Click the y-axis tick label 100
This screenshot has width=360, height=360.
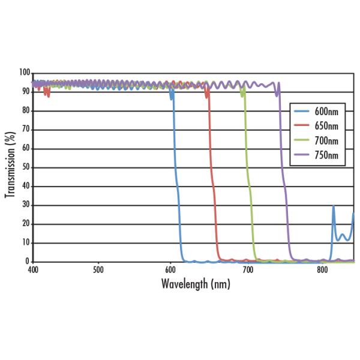tap(24, 73)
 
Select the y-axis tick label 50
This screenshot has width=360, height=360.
tap(26, 167)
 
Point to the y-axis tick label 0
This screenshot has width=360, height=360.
tap(28, 262)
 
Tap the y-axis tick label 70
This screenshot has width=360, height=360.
tap(26, 130)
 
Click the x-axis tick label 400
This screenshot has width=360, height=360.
tap(33, 271)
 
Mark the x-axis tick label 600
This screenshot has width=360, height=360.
tap(170, 271)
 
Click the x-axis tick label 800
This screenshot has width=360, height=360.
tap(322, 271)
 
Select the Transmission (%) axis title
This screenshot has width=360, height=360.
tap(10, 166)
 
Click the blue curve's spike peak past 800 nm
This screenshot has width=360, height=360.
tap(334, 206)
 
